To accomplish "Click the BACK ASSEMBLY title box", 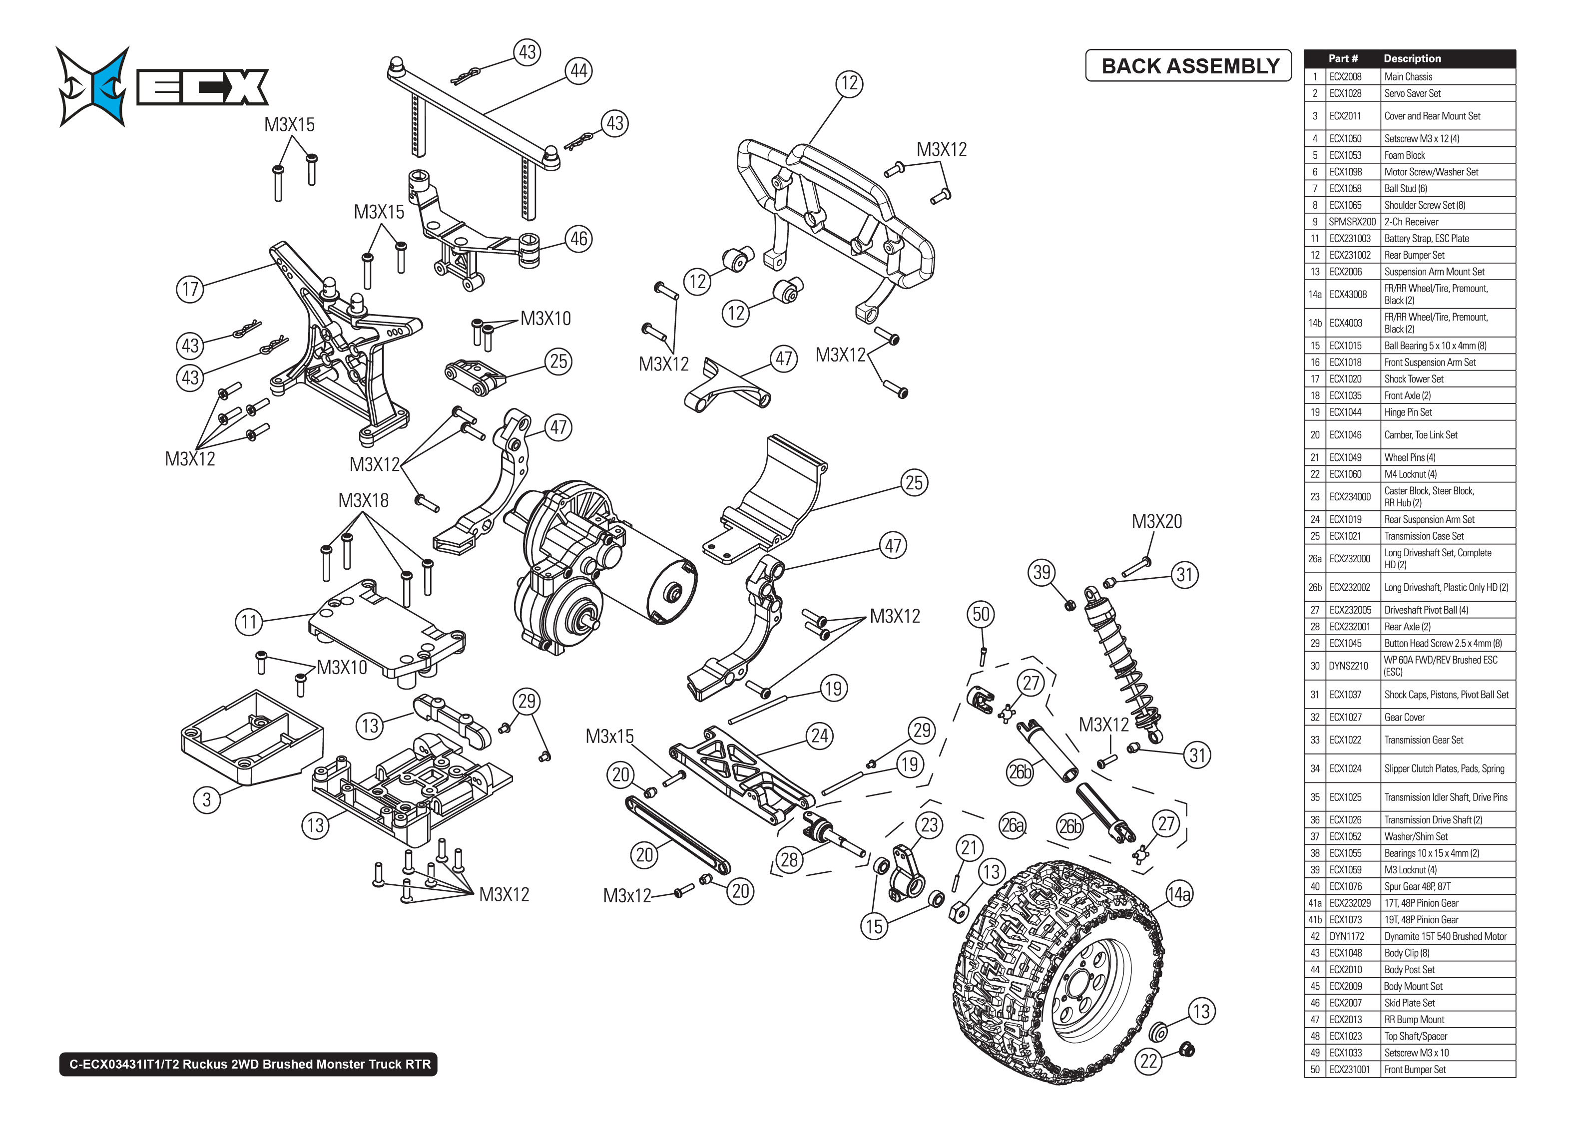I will (x=1188, y=66).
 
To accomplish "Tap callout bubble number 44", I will (x=578, y=70).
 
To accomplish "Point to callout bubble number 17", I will (x=190, y=289).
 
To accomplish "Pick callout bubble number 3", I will (x=206, y=800).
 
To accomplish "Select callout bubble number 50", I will (x=981, y=614).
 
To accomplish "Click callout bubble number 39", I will (x=1042, y=572).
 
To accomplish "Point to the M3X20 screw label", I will (x=1156, y=521).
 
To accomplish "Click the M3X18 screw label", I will (x=363, y=500).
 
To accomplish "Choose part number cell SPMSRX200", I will (x=1352, y=222).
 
